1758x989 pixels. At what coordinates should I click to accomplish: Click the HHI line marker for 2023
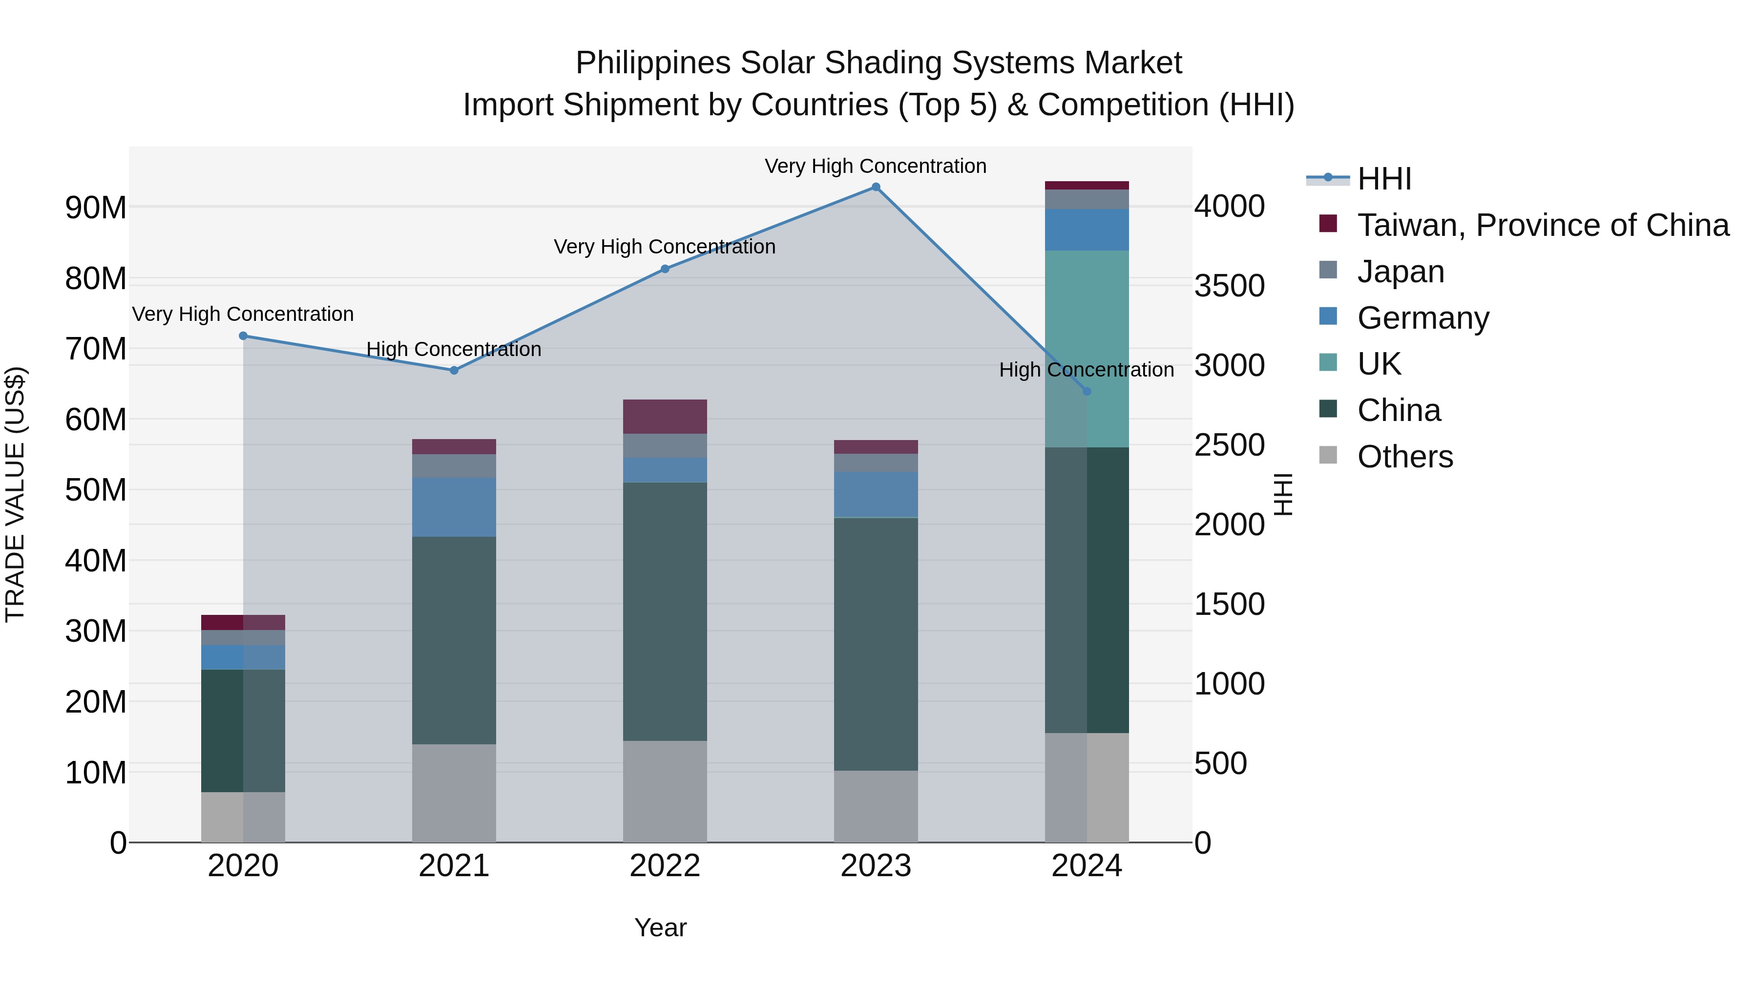click(876, 187)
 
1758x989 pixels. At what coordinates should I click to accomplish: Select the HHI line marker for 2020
click(243, 336)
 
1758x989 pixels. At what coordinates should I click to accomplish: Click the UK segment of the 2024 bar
click(1087, 348)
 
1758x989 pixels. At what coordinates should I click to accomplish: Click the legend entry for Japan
click(1401, 272)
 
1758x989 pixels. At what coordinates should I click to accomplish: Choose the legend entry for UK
click(1379, 364)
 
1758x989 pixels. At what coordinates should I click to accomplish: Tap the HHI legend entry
click(1384, 179)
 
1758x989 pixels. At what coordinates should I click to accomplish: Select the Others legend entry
click(1404, 457)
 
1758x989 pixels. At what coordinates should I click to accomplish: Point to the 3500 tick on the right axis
click(1229, 286)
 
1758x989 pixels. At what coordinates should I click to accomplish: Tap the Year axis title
click(660, 927)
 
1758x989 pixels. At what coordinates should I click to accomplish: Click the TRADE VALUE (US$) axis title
click(15, 494)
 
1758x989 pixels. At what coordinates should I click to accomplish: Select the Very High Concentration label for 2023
click(875, 166)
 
